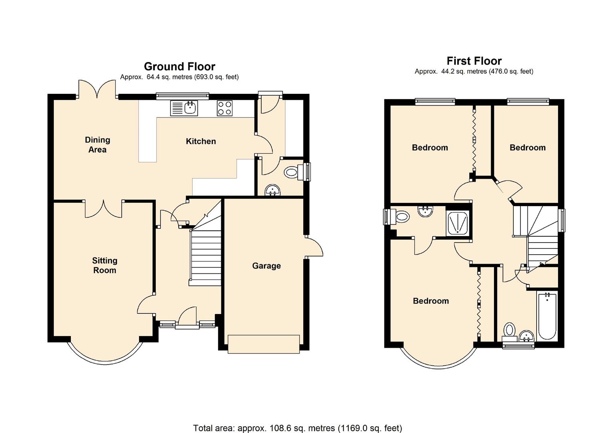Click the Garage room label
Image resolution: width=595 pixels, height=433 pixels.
266,266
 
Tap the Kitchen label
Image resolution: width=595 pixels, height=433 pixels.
201,141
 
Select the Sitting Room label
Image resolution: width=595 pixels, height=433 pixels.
105,265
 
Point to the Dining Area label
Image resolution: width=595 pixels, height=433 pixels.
97,145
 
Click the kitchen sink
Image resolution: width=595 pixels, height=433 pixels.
184,108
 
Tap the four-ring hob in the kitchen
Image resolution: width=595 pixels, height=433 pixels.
225,108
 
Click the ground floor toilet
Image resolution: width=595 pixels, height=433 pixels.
294,172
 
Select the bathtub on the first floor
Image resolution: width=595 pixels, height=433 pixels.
547,316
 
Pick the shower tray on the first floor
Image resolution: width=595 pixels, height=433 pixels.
458,223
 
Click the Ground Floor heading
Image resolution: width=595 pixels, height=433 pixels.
180,66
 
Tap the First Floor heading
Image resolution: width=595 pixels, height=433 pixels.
474,61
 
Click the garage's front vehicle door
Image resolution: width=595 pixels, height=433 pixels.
264,344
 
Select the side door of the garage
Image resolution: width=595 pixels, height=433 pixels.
314,247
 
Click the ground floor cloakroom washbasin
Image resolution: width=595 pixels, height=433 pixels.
272,190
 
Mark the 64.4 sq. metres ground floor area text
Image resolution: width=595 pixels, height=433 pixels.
179,77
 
